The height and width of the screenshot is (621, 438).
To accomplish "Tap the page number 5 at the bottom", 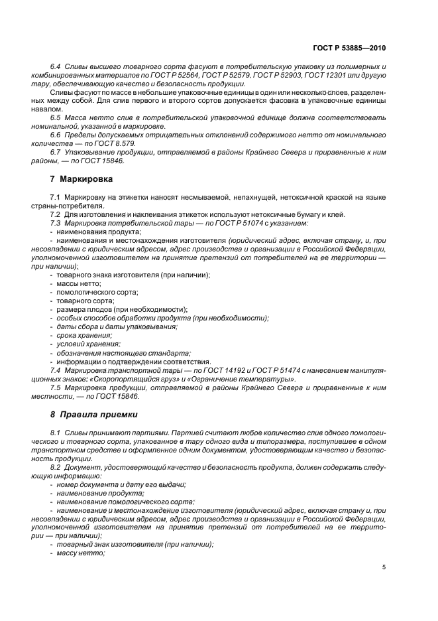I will pos(384,567).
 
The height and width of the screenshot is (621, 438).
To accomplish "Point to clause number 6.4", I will pos(55,68).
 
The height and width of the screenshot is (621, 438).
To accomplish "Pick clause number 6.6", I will pos(55,135).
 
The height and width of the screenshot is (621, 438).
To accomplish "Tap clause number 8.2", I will pos(55,468).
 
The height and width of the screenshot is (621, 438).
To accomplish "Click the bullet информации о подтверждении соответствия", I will pos(133,361).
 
